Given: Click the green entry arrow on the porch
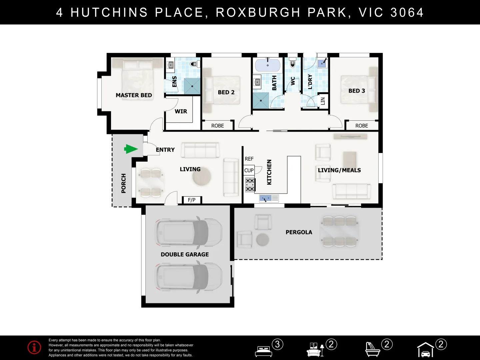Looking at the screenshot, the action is pos(131,149).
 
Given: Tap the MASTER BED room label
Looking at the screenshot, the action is pos(134,95).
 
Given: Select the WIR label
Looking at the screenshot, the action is pos(181,111).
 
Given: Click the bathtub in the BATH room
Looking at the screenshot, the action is pos(267,65).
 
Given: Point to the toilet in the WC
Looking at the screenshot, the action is pos(292,63).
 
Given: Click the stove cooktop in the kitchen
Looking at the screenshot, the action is pos(250,185).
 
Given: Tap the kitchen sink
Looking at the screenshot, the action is pos(269,198).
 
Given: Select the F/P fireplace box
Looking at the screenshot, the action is pos(192,200).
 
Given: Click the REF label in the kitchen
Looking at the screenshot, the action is pos(249,159).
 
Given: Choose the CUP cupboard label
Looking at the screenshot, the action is pos(249,170).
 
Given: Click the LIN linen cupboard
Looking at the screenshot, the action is pos(323,101).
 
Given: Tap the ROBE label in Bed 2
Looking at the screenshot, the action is pos(217,126).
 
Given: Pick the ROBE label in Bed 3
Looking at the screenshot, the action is pos(361,126).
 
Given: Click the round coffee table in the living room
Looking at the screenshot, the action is pos(202,176).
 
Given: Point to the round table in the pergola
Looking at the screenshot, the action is pos(262,240).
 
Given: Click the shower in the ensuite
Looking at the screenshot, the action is pos(192,86).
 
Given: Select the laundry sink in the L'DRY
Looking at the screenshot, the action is pos(322,63).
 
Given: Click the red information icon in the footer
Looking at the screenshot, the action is pos(34,347).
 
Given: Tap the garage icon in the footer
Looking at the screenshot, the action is pos(425,350).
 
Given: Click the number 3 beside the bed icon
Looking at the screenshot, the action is pos(278,344).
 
